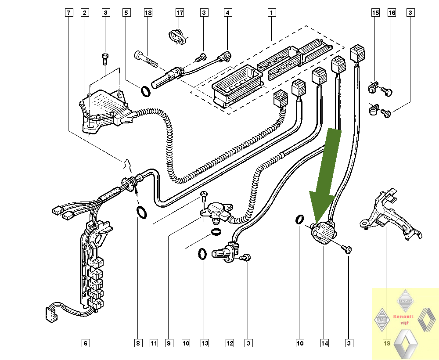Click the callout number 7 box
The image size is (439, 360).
click(69, 13)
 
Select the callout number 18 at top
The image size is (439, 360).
click(148, 13)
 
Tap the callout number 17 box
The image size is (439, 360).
click(180, 13)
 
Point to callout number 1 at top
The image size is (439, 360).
click(271, 13)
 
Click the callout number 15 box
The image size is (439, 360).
click(375, 13)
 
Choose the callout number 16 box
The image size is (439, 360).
click(392, 13)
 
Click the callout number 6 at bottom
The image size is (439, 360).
click(86, 343)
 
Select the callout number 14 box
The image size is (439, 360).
click(324, 343)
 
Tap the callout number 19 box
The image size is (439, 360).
click(387, 343)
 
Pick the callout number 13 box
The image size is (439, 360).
click(205, 343)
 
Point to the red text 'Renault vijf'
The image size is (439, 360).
click(403, 320)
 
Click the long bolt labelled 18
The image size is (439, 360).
click(146, 60)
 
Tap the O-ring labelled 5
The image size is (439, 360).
click(146, 92)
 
